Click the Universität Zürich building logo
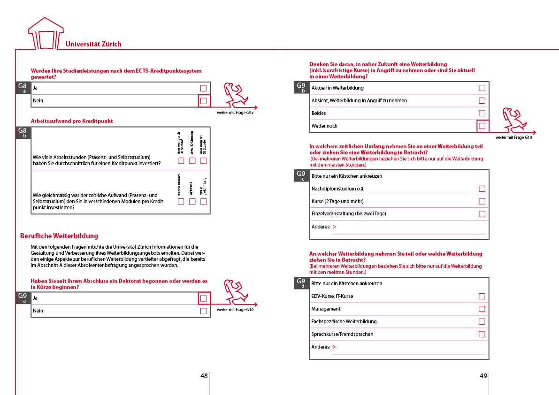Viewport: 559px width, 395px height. pyautogui.click(x=46, y=34)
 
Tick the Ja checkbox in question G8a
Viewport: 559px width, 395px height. pyautogui.click(x=204, y=88)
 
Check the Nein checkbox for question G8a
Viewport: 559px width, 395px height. pyautogui.click(x=204, y=101)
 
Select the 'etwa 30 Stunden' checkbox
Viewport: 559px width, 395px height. pyautogui.click(x=192, y=161)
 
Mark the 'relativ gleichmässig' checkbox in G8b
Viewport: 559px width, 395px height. pyautogui.click(x=204, y=202)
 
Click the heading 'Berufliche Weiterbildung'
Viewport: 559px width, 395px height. pyautogui.click(x=59, y=236)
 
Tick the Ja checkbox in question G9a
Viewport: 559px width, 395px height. pyautogui.click(x=204, y=298)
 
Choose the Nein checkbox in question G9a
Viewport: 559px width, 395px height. pyautogui.click(x=204, y=311)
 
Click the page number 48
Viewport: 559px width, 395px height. pyautogui.click(x=204, y=376)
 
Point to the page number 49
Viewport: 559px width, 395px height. pyautogui.click(x=483, y=376)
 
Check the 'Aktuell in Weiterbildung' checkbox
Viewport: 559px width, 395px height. pyautogui.click(x=482, y=88)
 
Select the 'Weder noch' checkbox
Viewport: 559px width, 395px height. pyautogui.click(x=482, y=126)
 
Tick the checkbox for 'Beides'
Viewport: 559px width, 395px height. pyautogui.click(x=482, y=114)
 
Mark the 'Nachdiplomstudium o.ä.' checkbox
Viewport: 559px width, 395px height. pyautogui.click(x=482, y=189)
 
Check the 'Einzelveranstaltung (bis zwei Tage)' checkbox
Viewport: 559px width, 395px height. pyautogui.click(x=482, y=214)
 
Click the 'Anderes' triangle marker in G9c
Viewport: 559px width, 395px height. pyautogui.click(x=334, y=227)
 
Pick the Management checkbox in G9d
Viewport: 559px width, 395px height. pyautogui.click(x=482, y=309)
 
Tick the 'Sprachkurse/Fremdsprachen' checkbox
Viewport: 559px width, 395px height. pyautogui.click(x=482, y=334)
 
